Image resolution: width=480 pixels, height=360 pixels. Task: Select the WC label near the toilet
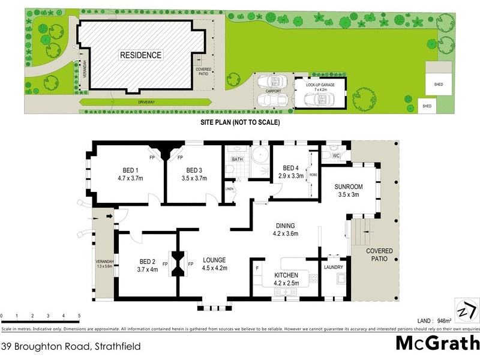336,156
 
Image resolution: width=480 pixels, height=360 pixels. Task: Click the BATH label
236,160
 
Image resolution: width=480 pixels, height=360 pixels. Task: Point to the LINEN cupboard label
229,190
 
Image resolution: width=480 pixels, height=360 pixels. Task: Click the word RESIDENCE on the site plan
141,55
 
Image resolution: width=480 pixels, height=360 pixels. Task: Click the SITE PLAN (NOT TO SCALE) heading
240,122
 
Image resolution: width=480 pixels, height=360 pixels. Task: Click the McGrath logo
437,344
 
